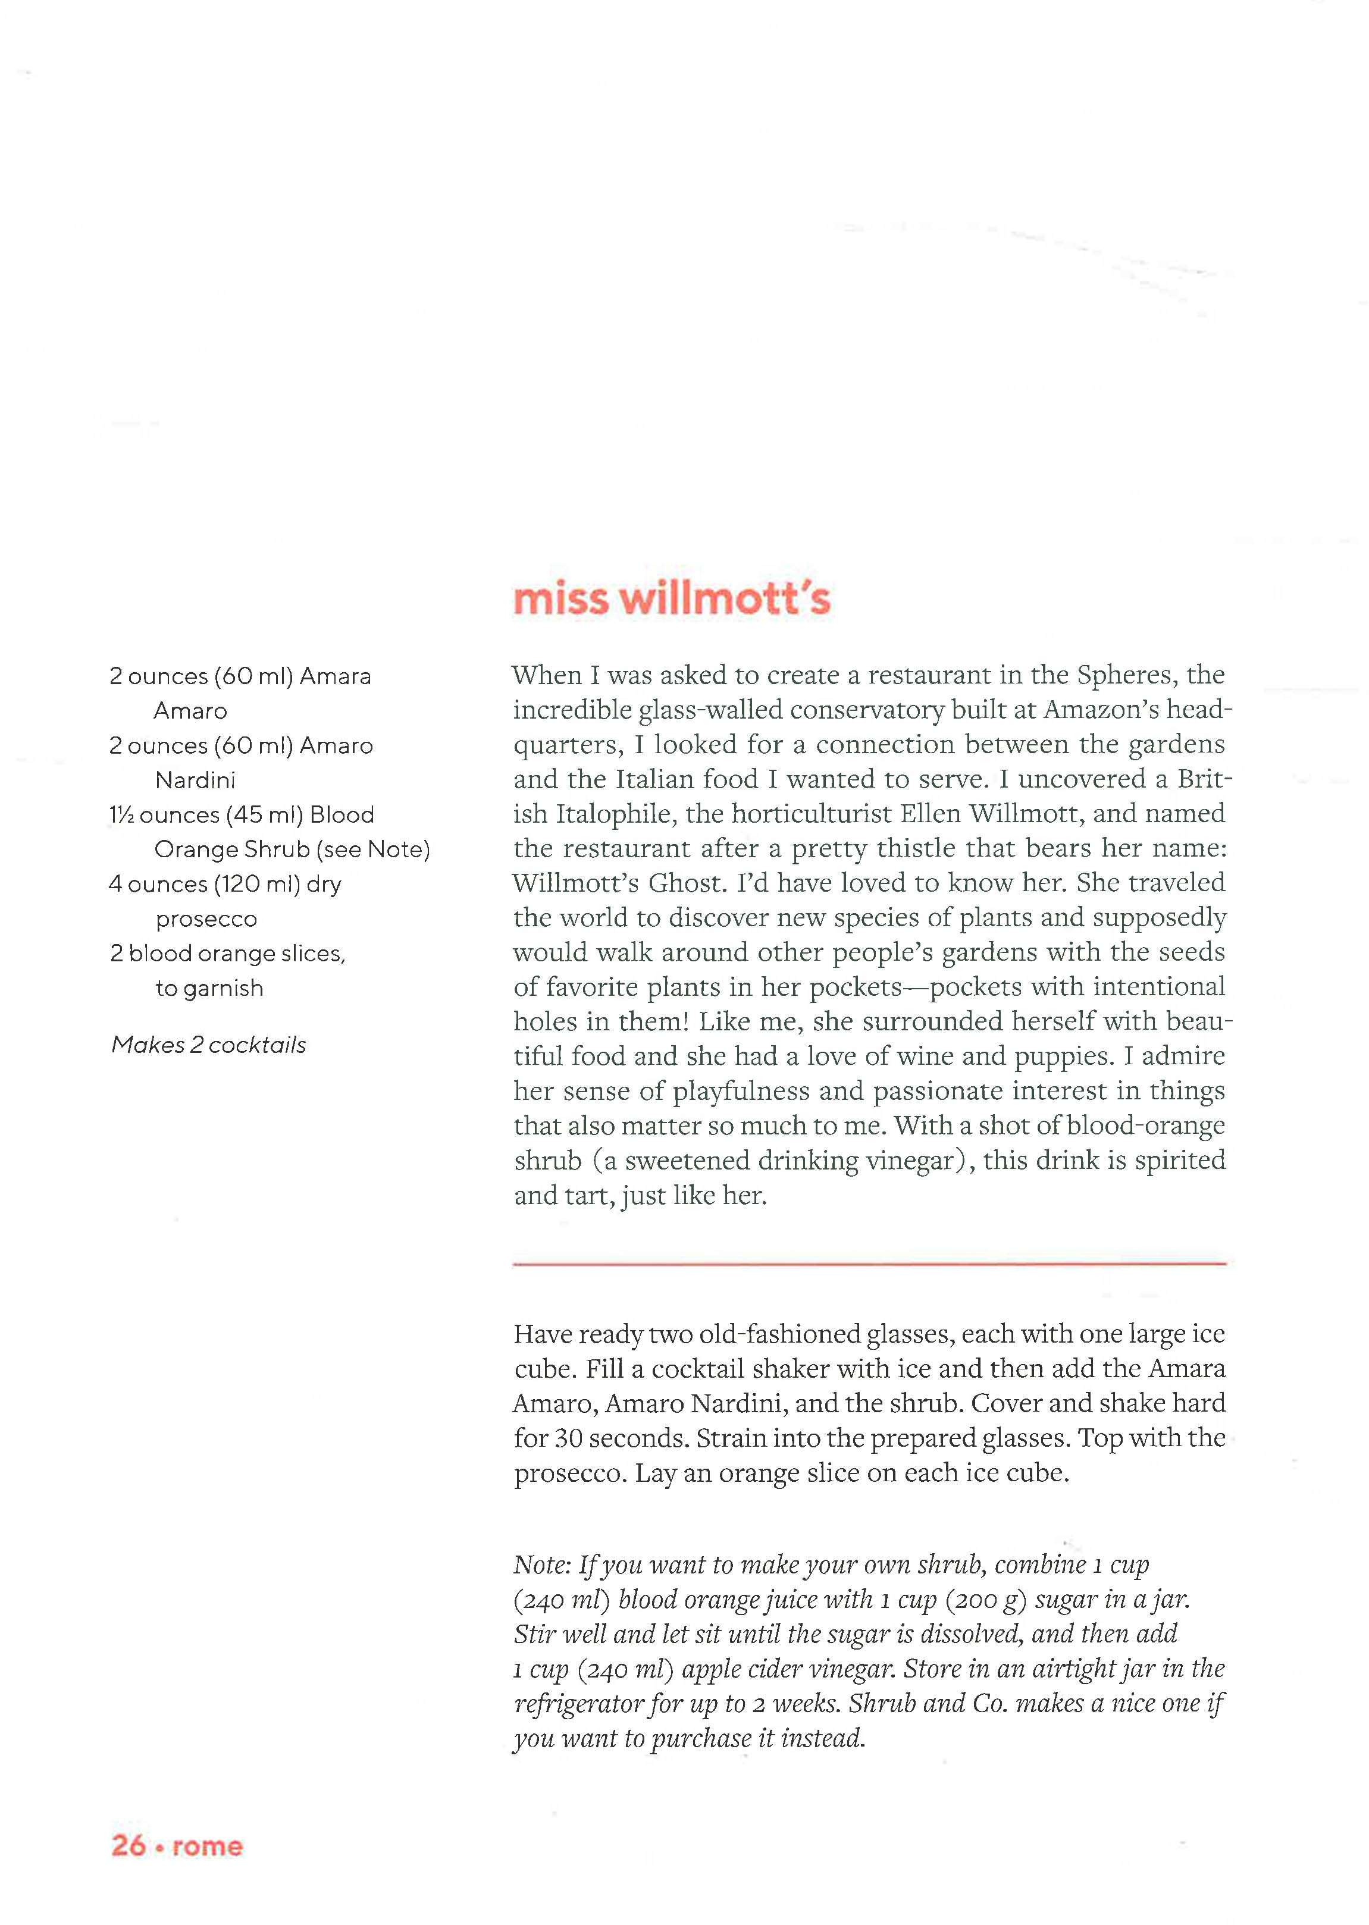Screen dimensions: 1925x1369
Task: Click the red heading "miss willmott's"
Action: coord(671,599)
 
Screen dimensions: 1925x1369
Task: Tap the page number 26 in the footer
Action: coord(128,1846)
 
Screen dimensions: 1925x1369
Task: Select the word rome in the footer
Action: coord(208,1846)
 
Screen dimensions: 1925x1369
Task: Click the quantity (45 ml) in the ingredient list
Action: coord(264,815)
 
